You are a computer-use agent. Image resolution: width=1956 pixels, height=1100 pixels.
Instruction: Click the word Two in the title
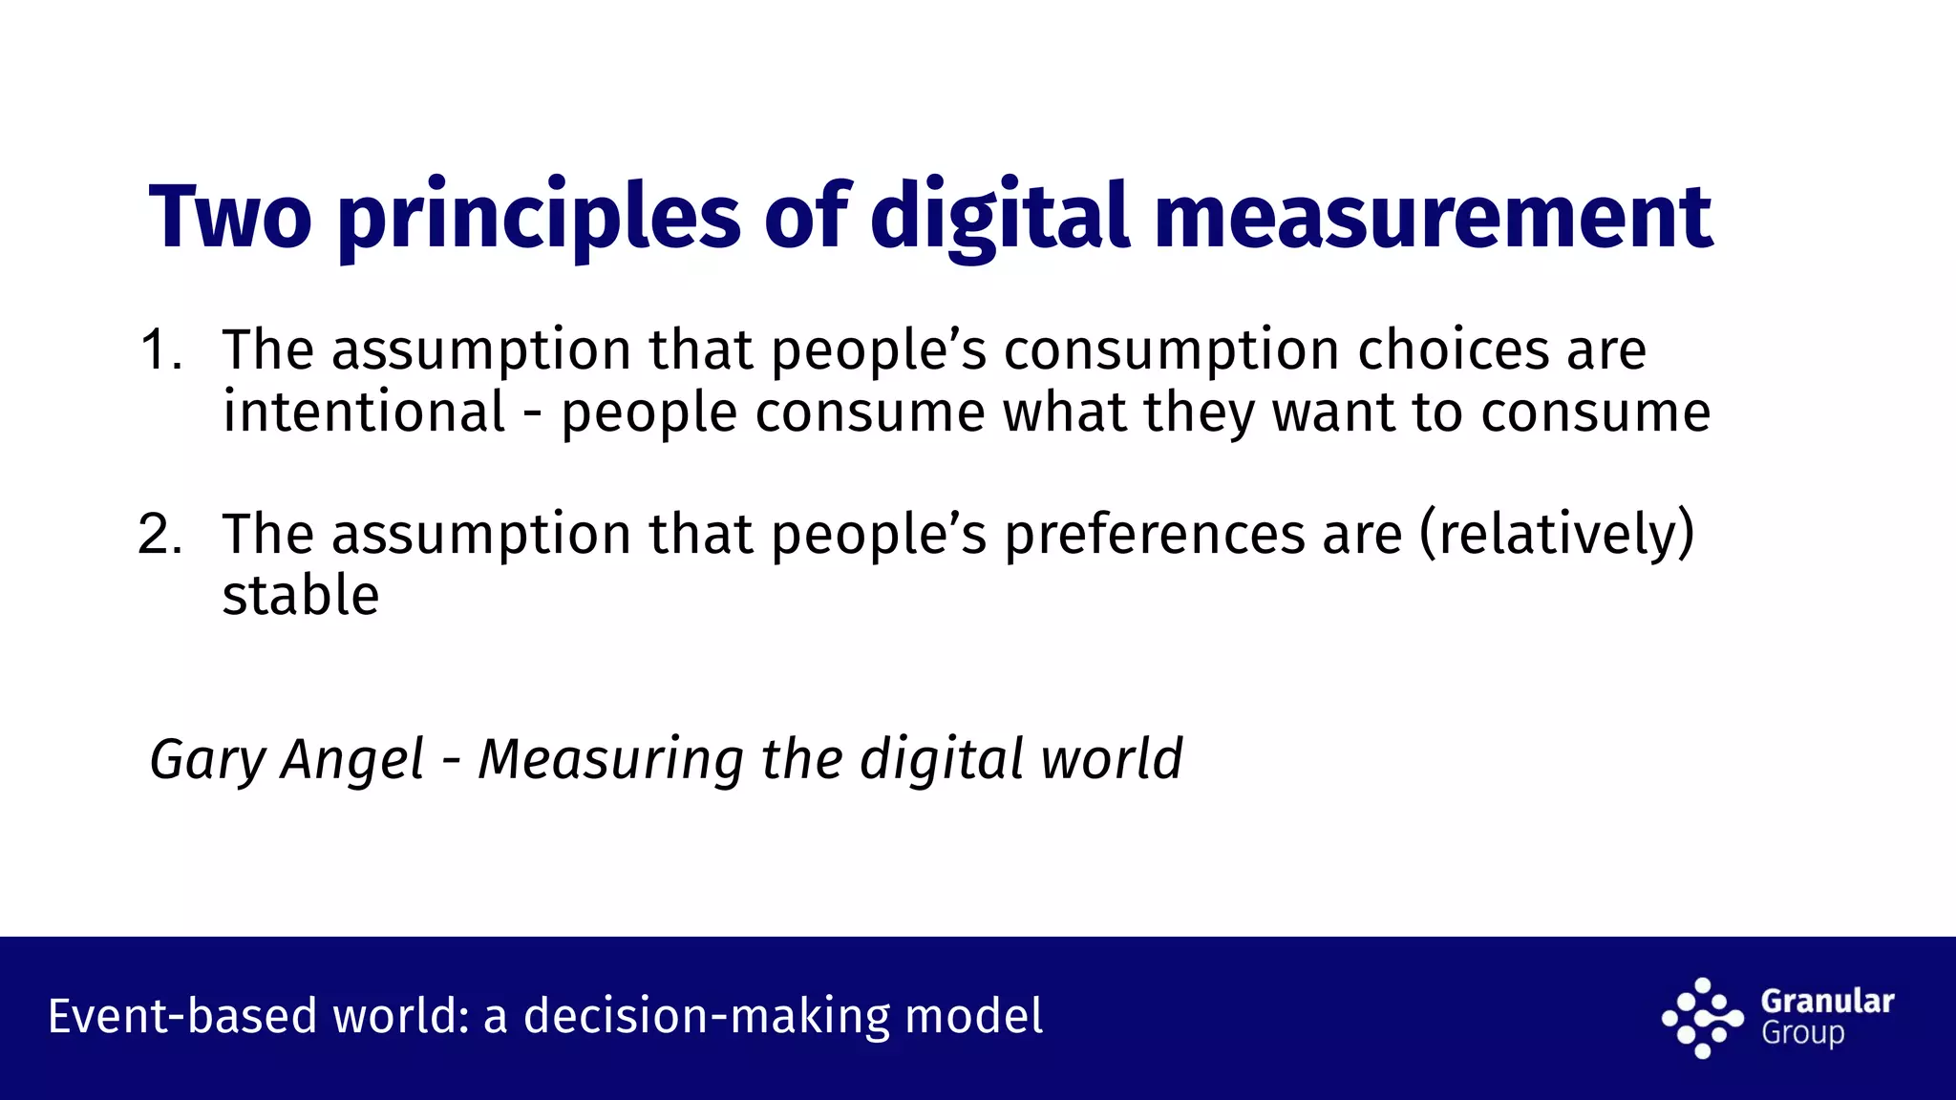[x=230, y=217]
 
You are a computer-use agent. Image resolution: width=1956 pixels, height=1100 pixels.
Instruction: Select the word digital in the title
[x=999, y=217]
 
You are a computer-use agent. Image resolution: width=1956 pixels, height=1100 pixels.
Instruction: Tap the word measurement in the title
[x=1433, y=217]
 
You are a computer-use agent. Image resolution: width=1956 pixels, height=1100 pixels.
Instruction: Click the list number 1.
[x=159, y=349]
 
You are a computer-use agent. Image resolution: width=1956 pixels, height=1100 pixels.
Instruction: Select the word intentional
[x=364, y=412]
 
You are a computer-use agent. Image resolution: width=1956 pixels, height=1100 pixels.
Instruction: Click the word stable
[x=301, y=596]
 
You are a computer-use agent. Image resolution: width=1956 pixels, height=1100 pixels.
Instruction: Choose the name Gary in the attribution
[x=207, y=760]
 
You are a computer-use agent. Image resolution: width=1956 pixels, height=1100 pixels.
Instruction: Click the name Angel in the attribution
[x=352, y=760]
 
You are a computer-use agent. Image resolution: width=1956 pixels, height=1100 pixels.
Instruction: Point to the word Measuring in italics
[x=610, y=760]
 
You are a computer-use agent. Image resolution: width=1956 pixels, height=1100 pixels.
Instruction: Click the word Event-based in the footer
[x=182, y=1016]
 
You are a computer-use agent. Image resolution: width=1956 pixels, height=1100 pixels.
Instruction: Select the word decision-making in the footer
[x=707, y=1016]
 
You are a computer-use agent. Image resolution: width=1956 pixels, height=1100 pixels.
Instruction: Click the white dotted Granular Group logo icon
[x=1702, y=1018]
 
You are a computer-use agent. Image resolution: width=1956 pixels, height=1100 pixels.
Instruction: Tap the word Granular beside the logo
[x=1827, y=1001]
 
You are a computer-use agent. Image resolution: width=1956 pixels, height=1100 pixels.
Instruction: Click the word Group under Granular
[x=1802, y=1033]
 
